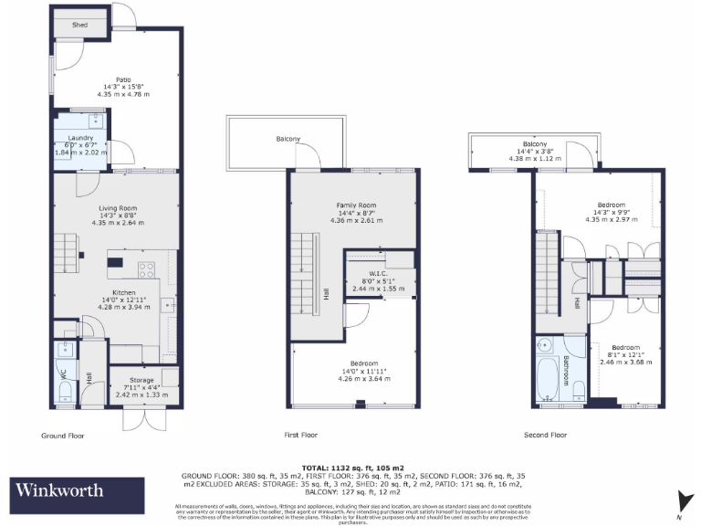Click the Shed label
tap(79, 26)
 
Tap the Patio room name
tap(110, 79)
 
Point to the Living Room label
tap(112, 207)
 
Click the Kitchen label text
tap(111, 293)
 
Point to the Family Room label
tap(354, 205)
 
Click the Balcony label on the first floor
tap(288, 139)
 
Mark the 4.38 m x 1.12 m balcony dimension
tap(534, 157)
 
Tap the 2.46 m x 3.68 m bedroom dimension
tap(625, 362)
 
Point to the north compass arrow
tap(679, 499)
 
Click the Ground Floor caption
tap(64, 436)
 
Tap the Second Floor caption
tap(545, 436)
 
